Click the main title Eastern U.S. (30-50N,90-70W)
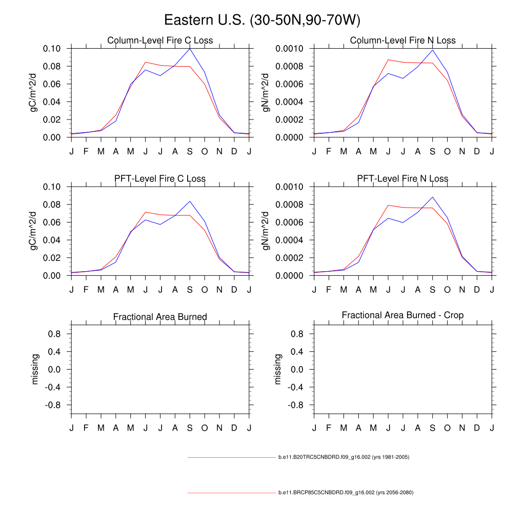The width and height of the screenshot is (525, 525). point(262,21)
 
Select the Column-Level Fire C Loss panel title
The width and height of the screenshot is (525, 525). point(160,41)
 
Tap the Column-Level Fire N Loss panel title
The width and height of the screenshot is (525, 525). point(402,41)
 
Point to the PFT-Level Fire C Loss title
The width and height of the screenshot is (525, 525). point(160,179)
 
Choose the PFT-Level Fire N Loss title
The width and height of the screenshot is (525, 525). point(402,179)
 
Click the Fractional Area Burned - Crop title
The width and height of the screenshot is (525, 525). point(402,315)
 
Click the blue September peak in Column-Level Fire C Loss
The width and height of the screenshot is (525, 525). point(190,49)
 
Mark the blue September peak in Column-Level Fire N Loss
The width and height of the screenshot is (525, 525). point(433,50)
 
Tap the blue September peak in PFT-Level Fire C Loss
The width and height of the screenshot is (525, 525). point(190,201)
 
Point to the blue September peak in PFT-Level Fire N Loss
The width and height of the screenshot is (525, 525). point(433,197)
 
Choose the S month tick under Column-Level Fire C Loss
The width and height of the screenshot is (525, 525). point(190,151)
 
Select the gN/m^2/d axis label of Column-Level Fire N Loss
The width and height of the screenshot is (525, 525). point(267,93)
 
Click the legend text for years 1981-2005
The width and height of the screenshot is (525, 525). point(344,457)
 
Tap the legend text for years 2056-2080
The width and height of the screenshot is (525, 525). point(346,493)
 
